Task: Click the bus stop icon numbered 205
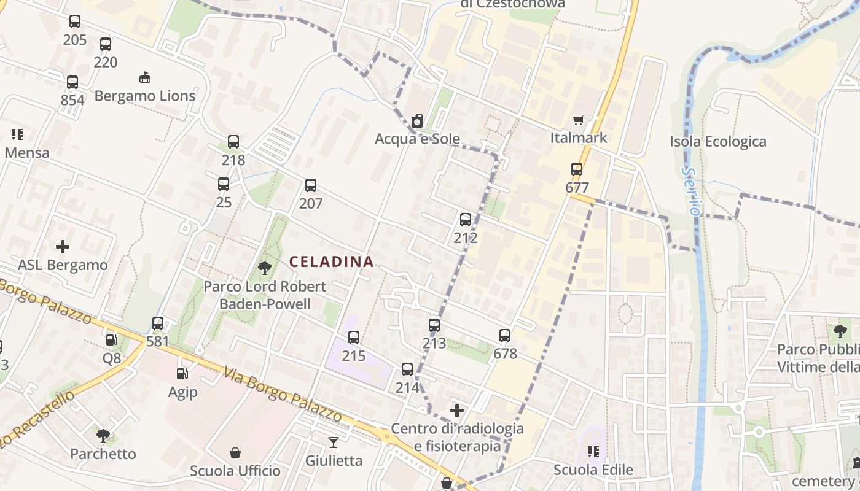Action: [x=75, y=22]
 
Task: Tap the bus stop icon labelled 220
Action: [x=106, y=44]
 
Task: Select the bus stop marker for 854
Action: [x=72, y=82]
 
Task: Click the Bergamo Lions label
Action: [x=145, y=96]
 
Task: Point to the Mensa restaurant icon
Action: [x=17, y=134]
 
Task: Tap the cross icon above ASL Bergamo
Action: [x=63, y=247]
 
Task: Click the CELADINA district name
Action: [x=331, y=261]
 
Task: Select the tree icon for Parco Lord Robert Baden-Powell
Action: [x=265, y=268]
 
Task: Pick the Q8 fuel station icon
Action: [x=111, y=339]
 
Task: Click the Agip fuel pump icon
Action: [x=182, y=373]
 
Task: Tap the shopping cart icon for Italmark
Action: [x=578, y=120]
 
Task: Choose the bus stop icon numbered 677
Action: [x=576, y=169]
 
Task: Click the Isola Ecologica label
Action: [x=718, y=142]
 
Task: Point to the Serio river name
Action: [x=693, y=191]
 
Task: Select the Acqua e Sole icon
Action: [x=417, y=121]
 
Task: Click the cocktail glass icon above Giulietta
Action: [x=333, y=442]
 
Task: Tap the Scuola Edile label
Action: [x=593, y=470]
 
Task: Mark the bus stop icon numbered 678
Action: [x=505, y=336]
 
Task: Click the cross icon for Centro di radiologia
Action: [x=457, y=410]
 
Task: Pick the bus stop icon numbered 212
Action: [x=466, y=219]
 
